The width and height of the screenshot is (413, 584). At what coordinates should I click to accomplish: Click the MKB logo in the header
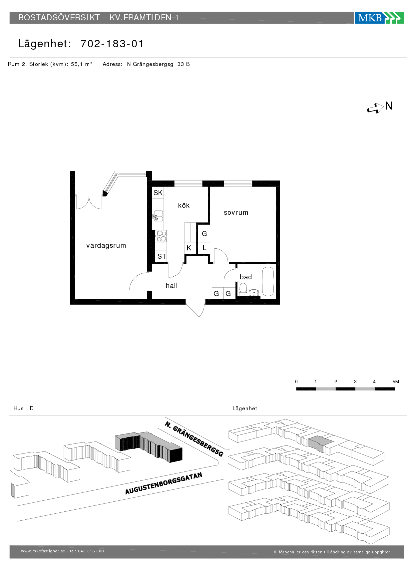[379, 18]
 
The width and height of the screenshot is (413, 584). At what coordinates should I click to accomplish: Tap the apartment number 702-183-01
[112, 44]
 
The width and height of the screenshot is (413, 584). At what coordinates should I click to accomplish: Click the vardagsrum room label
[106, 245]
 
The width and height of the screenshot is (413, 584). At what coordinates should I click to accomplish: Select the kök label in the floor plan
[184, 205]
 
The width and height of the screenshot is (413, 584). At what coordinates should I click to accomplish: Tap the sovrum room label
[236, 212]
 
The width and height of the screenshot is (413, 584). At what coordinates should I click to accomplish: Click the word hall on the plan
[172, 286]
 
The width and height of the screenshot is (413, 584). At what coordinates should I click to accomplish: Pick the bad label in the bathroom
[246, 277]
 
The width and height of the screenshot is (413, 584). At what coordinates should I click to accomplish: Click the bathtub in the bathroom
[268, 282]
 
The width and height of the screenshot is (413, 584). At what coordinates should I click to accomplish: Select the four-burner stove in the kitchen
[162, 236]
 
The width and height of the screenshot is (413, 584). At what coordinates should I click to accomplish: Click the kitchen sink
[158, 216]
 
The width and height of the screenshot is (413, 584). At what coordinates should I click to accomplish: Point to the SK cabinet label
[158, 193]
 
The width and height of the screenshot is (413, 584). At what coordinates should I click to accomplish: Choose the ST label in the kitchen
[162, 256]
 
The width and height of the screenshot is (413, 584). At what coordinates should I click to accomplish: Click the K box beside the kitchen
[189, 248]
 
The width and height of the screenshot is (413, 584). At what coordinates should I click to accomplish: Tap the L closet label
[205, 248]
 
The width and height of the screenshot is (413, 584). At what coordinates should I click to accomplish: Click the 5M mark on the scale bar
[396, 382]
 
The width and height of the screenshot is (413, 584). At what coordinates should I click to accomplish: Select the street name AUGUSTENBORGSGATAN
[164, 483]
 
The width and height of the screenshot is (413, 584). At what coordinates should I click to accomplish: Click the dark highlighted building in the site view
[149, 447]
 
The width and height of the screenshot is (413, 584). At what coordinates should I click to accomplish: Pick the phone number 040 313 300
[91, 551]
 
